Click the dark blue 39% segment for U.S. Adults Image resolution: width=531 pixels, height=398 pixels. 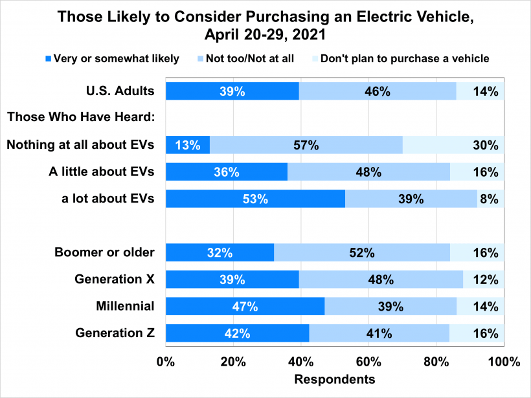[x=232, y=91]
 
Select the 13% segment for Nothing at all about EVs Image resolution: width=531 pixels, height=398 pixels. [x=188, y=145]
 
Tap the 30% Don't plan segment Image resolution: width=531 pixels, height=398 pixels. [x=453, y=145]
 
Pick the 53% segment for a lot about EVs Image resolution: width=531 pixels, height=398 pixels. [x=255, y=199]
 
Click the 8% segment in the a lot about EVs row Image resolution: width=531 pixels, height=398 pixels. [x=490, y=199]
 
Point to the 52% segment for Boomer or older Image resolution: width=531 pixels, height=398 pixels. [x=361, y=252]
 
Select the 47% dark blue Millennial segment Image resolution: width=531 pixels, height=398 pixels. [x=245, y=306]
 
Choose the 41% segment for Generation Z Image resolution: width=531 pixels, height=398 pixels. [x=379, y=333]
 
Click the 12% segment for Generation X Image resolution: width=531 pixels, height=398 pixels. [x=484, y=280]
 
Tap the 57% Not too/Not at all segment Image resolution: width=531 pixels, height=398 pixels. [x=306, y=145]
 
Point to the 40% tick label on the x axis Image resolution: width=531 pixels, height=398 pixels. [x=301, y=362]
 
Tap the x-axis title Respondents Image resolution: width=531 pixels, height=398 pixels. [x=335, y=379]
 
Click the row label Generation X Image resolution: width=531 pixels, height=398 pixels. [x=115, y=280]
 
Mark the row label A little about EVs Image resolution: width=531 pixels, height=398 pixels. [x=102, y=171]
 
